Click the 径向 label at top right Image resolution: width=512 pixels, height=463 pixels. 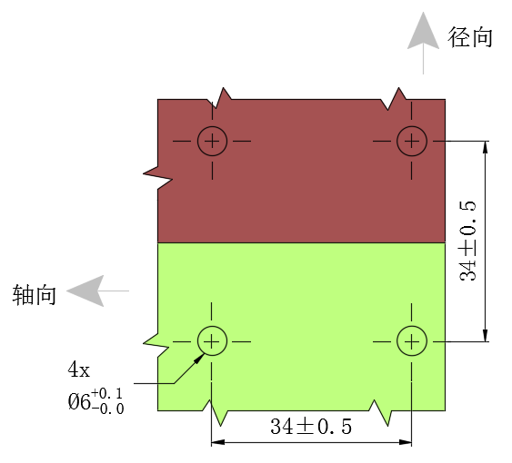(470, 37)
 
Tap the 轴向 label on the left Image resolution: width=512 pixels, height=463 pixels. (35, 295)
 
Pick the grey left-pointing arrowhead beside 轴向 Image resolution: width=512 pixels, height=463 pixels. (85, 291)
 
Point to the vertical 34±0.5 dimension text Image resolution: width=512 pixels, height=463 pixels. (467, 241)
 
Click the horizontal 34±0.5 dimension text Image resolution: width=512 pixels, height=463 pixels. (311, 426)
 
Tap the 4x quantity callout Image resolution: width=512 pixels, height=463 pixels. (78, 370)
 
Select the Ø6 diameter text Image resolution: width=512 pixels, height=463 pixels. (79, 401)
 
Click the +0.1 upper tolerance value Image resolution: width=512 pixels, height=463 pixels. (106, 394)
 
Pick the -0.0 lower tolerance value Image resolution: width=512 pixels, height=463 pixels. (107, 409)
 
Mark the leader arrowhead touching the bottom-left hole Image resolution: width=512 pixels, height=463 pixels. (199, 359)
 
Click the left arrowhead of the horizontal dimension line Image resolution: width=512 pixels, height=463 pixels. (217, 442)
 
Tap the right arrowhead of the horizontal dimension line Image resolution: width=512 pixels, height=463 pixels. (406, 442)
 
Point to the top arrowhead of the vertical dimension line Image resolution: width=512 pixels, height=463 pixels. (486, 147)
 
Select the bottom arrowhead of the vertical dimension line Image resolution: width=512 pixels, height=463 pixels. (486, 336)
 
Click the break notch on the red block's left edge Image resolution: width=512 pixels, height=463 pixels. (157, 177)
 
